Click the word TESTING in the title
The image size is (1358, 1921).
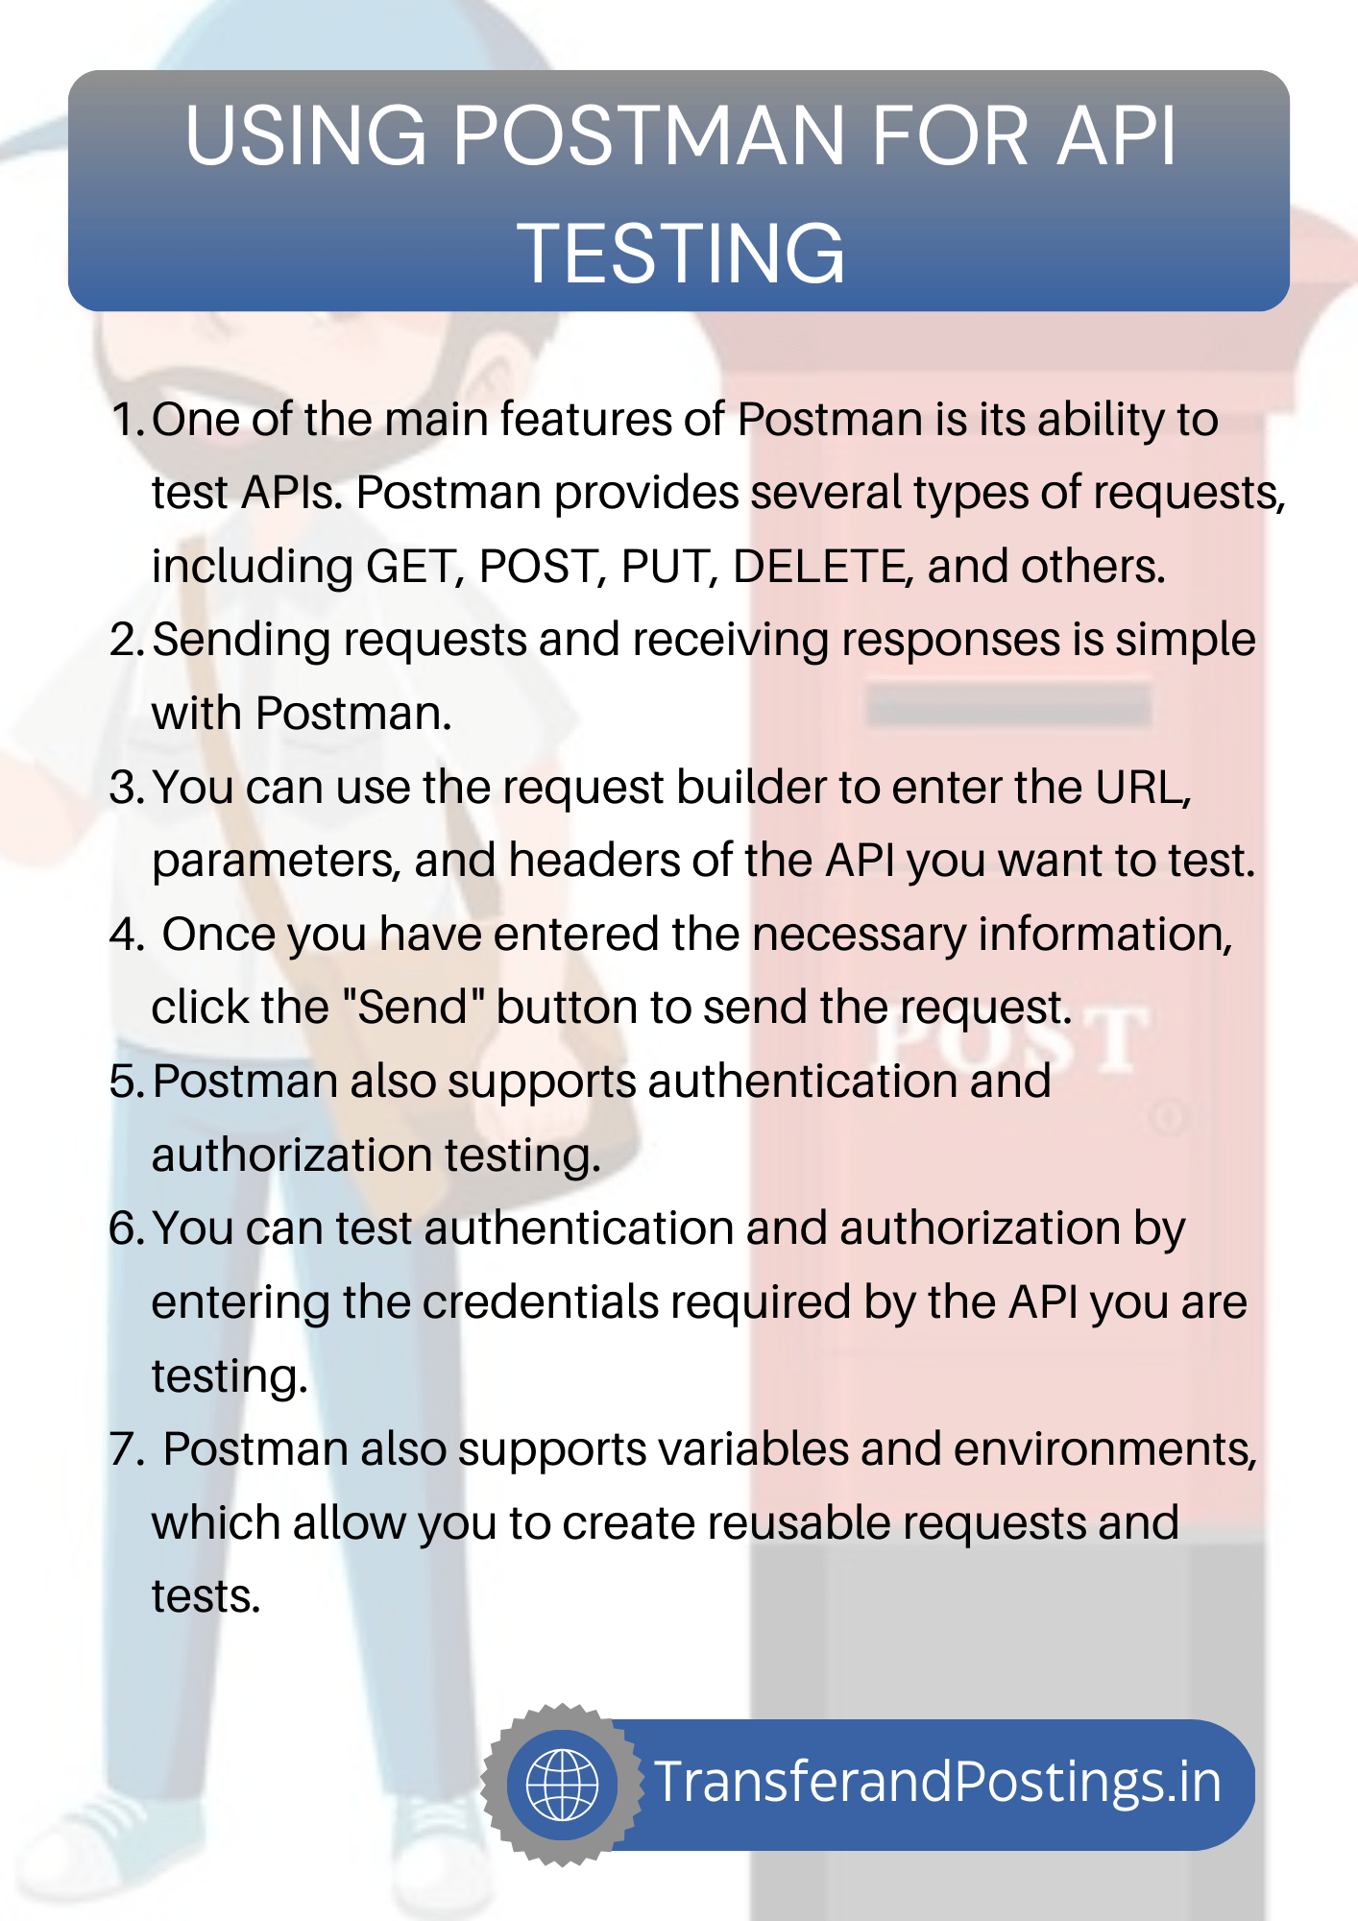tap(681, 254)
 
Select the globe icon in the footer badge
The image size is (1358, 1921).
tap(563, 1785)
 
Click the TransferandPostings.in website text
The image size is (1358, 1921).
tap(937, 1783)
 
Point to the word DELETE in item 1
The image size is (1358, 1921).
tap(822, 567)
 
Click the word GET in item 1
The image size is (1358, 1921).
tap(410, 567)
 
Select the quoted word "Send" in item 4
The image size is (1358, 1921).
tap(413, 1008)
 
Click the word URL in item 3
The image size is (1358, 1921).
tap(1142, 788)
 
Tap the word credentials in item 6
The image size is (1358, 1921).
tap(540, 1303)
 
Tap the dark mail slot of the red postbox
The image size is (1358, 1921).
tap(1007, 706)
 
